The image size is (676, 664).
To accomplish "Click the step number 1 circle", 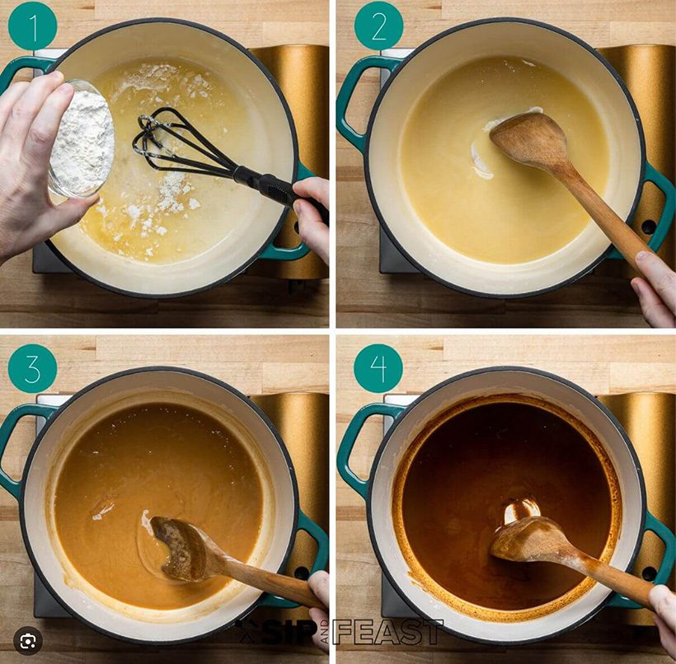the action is click(x=32, y=26).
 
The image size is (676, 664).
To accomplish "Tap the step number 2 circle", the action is click(x=378, y=26).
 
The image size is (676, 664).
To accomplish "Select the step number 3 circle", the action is click(x=32, y=368).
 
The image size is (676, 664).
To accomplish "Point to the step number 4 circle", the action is click(x=378, y=368).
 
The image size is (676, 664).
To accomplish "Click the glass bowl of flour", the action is click(x=81, y=138).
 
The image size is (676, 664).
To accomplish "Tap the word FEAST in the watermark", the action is click(x=387, y=633).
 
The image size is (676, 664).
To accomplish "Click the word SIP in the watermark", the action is click(x=284, y=634).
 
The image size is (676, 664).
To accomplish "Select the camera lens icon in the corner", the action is click(x=28, y=641).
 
